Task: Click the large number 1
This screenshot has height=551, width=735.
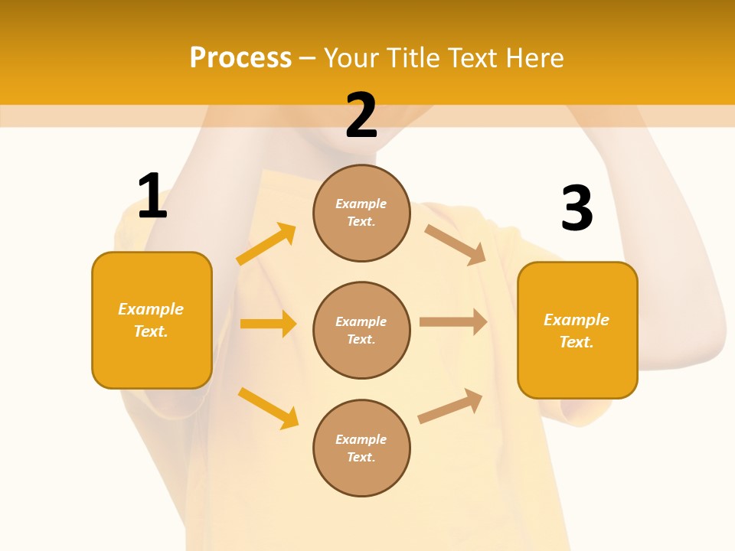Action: pos(152,196)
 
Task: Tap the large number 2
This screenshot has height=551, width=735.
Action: pos(361,116)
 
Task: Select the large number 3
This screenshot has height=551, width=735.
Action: pos(577,209)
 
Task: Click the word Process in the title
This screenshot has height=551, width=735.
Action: pos(240,57)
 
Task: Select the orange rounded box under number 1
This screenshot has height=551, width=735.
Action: pos(152,320)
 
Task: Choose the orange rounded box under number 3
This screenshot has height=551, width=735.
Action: pos(577,330)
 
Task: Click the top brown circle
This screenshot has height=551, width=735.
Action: pos(361,213)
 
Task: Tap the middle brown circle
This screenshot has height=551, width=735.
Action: pos(361,330)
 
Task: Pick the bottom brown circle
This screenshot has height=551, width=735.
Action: pos(361,448)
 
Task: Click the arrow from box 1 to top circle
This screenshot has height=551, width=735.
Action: pos(266,243)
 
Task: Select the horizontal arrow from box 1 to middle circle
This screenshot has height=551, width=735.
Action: pos(268,324)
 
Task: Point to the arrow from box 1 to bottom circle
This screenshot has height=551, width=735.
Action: pos(268,408)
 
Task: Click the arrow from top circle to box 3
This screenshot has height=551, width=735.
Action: pos(456,244)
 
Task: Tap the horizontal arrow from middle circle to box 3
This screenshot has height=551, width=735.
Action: pos(453,322)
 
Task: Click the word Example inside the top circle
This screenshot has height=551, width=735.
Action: pos(361,204)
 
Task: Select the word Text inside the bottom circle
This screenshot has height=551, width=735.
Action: pos(360,457)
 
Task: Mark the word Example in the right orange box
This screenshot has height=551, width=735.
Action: pos(577,320)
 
